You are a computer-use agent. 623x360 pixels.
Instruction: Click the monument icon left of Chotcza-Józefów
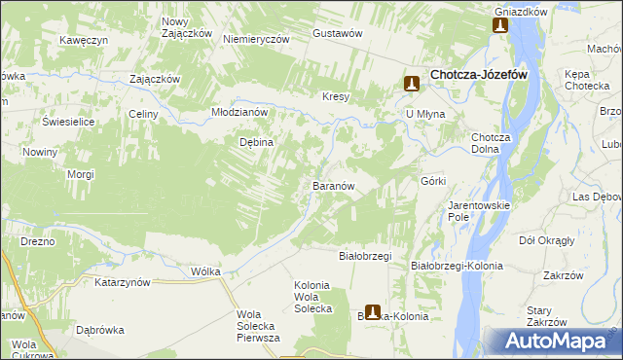[412, 85]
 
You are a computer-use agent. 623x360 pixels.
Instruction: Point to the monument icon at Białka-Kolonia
[372, 313]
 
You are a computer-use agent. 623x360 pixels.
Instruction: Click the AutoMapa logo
[552, 341]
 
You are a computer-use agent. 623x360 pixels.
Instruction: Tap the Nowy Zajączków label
[188, 27]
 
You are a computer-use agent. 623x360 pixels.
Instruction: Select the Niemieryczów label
[257, 39]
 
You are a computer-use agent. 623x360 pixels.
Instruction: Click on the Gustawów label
[338, 32]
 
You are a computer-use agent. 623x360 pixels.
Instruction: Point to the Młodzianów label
[239, 112]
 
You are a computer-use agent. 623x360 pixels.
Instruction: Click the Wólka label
[206, 271]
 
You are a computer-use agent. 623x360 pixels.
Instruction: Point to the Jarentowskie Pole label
[474, 211]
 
